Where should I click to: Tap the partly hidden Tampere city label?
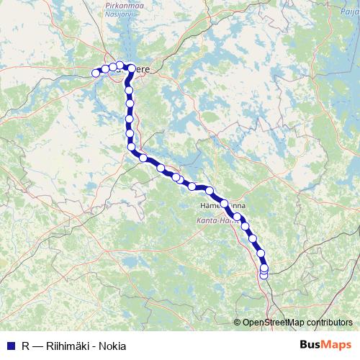[142, 70]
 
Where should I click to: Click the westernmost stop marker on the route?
[96, 73]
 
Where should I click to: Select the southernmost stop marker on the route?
[264, 274]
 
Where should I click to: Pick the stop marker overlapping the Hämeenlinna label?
[225, 204]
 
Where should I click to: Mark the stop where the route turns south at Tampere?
[130, 68]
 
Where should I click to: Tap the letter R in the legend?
[26, 345]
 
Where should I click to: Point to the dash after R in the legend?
[37, 345]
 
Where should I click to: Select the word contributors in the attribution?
[329, 323]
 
